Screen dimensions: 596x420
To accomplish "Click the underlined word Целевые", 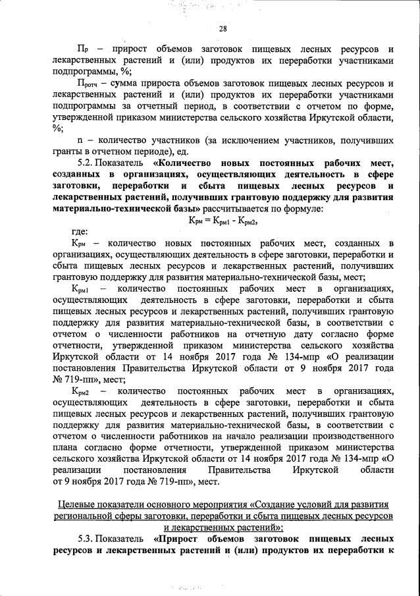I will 76,504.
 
